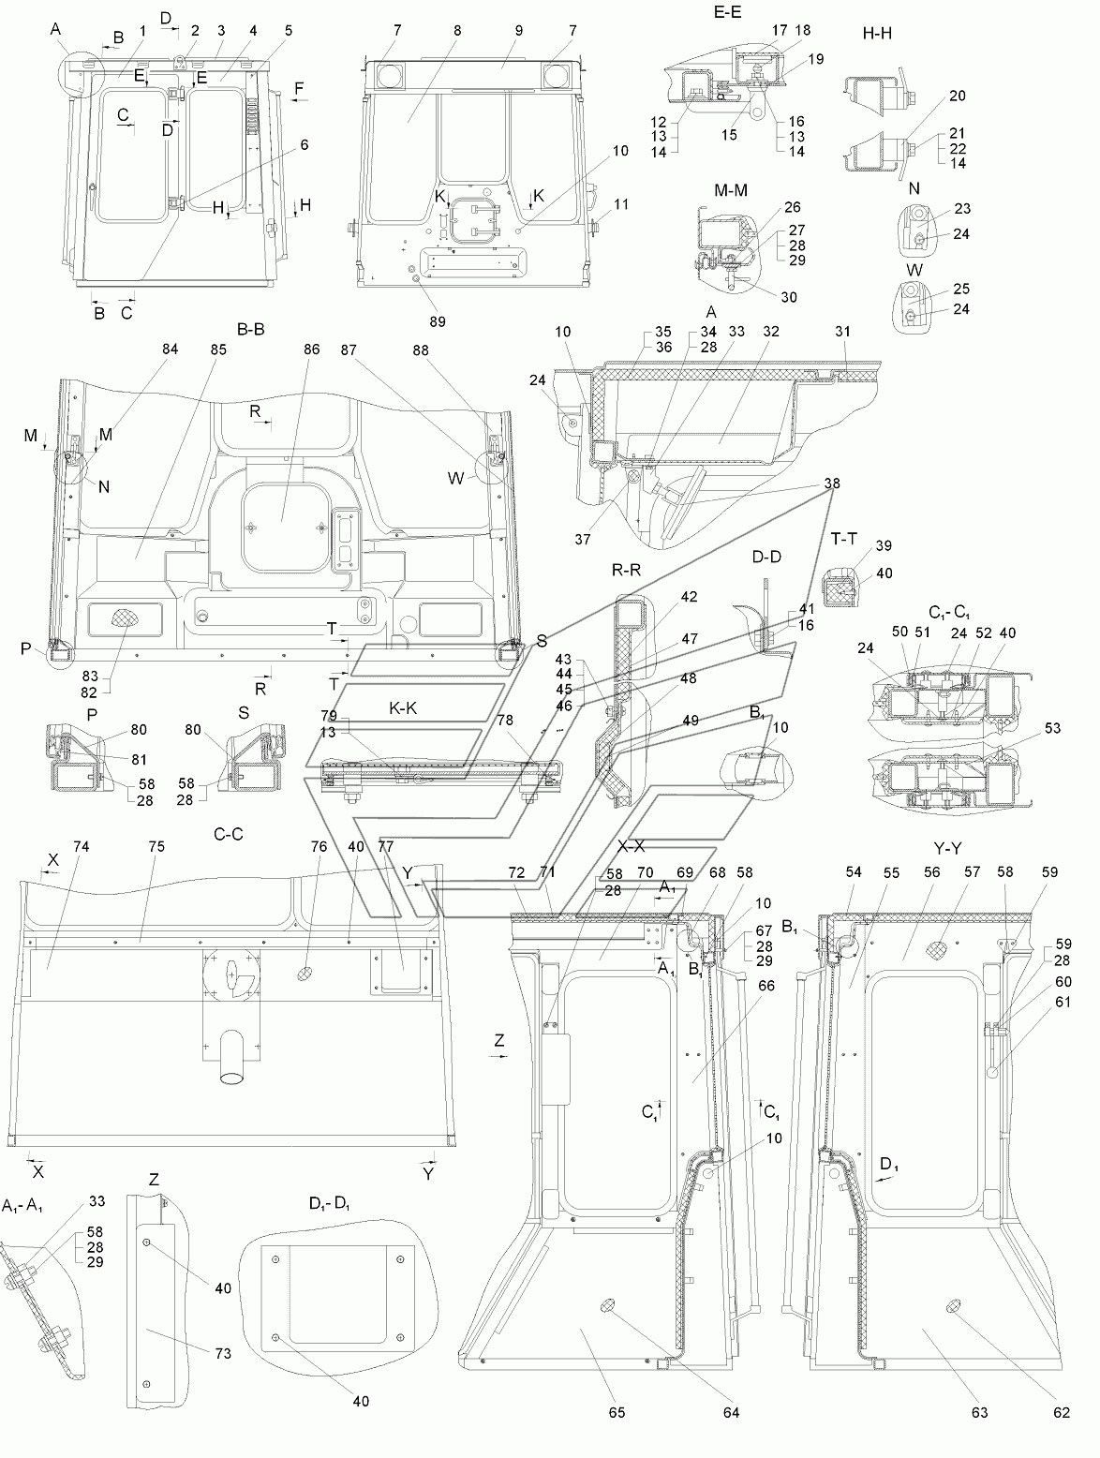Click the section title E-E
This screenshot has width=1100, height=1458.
pos(727,12)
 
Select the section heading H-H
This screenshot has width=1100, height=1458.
pos(877,34)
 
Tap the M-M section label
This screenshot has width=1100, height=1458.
pos(731,190)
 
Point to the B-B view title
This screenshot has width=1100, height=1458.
pos(250,330)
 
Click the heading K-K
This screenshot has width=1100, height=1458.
pos(403,708)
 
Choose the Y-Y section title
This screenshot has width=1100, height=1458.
pos(947,849)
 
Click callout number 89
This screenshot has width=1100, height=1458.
pos(437,321)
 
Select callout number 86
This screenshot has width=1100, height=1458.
pos(311,350)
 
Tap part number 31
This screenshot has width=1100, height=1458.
pos(842,332)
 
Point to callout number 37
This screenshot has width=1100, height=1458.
pos(583,540)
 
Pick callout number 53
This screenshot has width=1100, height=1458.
pos(1053,728)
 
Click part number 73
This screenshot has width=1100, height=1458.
pos(223,1353)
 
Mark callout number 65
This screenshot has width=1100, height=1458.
pos(617,1412)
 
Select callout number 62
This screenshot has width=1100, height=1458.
pos(1062,1412)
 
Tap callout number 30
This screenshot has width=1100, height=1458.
pos(789,297)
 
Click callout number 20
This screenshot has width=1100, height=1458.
pos(958,96)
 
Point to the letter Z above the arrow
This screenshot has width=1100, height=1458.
pos(498,1040)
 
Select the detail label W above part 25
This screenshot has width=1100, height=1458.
pos(914,271)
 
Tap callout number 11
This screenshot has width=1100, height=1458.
pos(620,204)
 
